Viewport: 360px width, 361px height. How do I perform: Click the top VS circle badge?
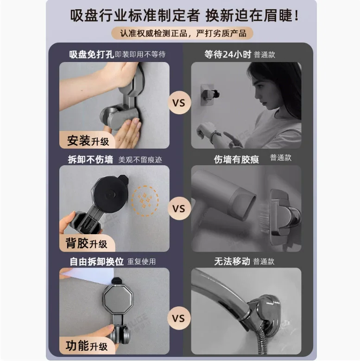179,103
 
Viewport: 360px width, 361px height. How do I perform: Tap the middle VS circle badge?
179,208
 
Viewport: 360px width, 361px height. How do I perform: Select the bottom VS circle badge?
179,318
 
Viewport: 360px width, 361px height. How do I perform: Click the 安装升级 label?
88,140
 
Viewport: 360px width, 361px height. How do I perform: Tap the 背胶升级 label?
87,243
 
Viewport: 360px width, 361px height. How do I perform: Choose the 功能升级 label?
87,346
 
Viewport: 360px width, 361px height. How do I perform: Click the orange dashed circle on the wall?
145,201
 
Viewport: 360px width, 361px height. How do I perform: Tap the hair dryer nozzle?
245,205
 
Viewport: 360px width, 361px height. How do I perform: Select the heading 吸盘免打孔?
91,54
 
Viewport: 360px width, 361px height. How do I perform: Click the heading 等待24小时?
227,55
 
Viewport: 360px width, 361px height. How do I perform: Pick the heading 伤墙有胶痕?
236,159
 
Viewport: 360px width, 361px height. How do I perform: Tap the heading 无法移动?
232,261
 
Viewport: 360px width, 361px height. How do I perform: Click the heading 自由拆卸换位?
96,261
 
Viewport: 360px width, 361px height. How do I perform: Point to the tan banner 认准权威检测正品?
182,33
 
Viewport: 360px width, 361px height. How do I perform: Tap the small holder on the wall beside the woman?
209,94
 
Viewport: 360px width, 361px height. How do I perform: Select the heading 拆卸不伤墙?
90,159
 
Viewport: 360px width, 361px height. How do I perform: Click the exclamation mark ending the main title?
297,16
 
